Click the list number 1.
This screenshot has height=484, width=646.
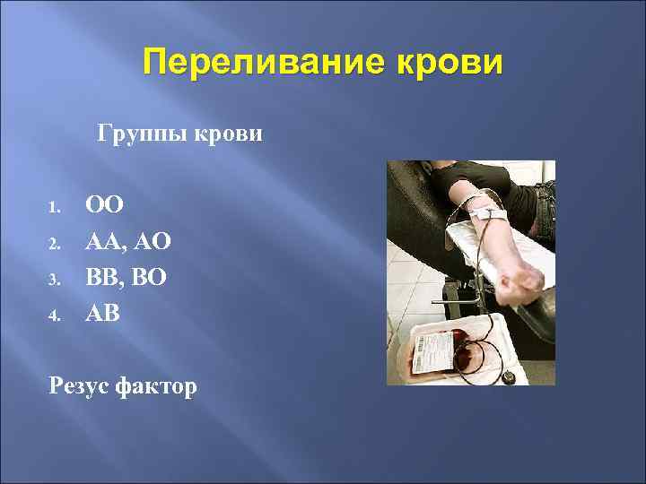pos(52,208)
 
